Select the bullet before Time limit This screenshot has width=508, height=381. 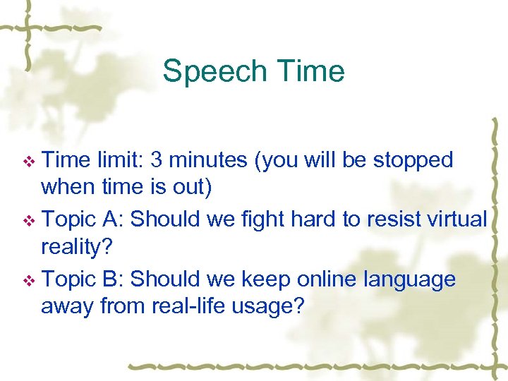tap(29, 162)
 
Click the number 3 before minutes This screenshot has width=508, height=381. tap(157, 160)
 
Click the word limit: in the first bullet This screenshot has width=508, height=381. tap(118, 160)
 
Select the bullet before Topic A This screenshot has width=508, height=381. tap(29, 221)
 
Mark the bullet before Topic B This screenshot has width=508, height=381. tap(29, 281)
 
